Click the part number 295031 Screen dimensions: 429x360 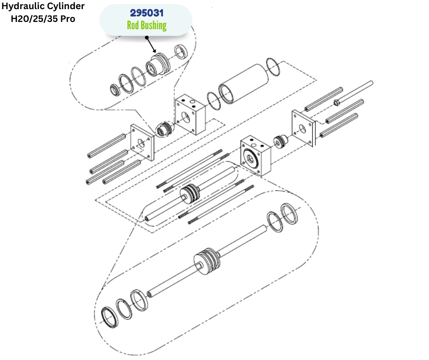(x=146, y=13)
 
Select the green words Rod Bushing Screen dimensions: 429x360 (x=146, y=25)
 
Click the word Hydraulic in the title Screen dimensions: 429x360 (x=23, y=6)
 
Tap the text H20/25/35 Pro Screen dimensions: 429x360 (x=43, y=19)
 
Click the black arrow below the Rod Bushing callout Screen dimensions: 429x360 (x=151, y=45)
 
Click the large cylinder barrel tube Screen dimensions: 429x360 (x=244, y=84)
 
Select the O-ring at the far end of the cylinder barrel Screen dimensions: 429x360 (x=273, y=67)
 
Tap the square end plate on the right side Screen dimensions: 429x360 (x=303, y=128)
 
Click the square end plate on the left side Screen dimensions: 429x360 (x=142, y=143)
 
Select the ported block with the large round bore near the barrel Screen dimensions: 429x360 (x=190, y=115)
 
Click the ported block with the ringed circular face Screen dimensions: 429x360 (x=256, y=155)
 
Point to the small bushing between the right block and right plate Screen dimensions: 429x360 (x=281, y=142)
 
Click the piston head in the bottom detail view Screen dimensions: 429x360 (x=207, y=262)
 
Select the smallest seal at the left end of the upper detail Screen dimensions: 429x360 (x=115, y=90)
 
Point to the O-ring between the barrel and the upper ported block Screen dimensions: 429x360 (x=214, y=101)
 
